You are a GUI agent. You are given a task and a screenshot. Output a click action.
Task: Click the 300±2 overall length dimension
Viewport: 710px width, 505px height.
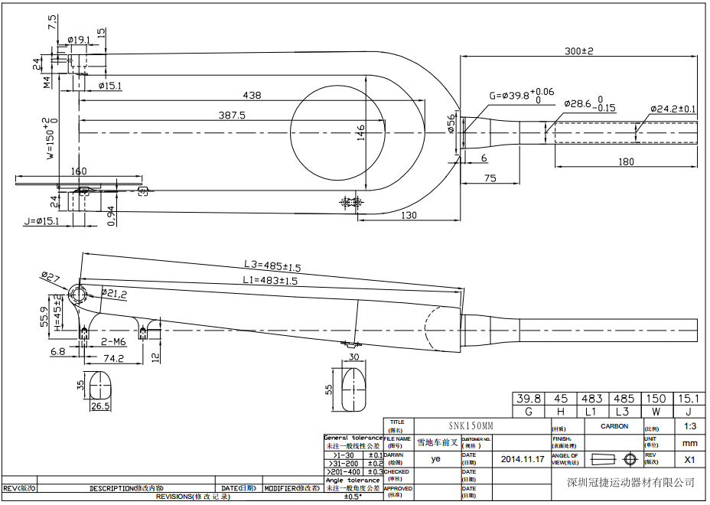[578, 50]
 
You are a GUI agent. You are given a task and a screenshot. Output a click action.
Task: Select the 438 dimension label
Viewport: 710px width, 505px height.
[251, 96]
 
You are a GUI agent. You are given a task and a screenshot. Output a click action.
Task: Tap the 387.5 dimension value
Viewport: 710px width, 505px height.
[232, 116]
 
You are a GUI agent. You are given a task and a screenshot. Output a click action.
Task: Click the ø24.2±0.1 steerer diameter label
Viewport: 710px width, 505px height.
[673, 109]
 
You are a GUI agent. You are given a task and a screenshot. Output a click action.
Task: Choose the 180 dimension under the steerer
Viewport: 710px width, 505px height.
[626, 161]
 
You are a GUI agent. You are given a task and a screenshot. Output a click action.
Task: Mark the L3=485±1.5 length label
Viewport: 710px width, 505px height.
[272, 266]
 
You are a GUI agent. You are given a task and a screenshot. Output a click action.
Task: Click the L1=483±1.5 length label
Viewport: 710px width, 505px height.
[271, 281]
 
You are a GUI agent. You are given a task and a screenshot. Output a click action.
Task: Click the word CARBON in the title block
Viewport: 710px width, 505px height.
[614, 426]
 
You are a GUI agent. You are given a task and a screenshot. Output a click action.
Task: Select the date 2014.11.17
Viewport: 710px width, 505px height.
[523, 459]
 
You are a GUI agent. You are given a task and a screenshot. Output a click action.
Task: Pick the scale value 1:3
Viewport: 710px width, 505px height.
[689, 426]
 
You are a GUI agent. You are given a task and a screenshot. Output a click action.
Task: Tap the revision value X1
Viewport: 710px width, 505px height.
[689, 460]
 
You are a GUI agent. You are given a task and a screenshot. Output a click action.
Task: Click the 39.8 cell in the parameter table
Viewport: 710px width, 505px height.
[528, 399]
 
